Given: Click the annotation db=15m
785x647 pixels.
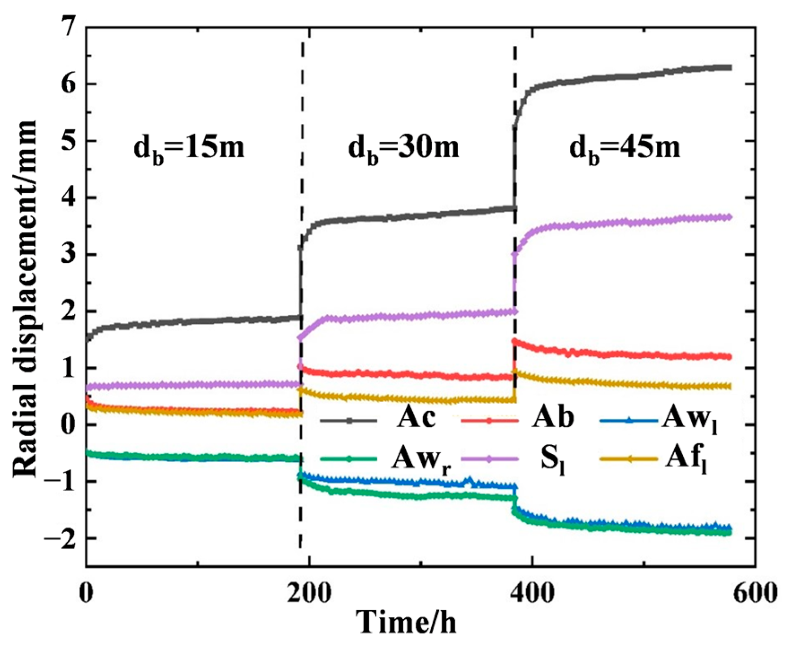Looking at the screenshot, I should click(x=189, y=148).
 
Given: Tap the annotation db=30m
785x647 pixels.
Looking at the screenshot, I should click(x=403, y=148).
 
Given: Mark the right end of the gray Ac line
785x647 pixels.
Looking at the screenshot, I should click(x=730, y=68).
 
